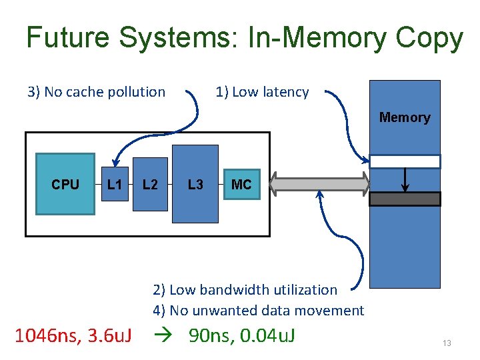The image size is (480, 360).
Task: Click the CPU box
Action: click(65, 184)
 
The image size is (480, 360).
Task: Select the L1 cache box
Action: click(115, 184)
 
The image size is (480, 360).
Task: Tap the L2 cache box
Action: click(150, 184)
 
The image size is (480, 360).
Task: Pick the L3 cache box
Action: click(195, 184)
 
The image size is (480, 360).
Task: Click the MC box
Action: click(241, 184)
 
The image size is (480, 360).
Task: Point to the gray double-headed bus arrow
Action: click(319, 184)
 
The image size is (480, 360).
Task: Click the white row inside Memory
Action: click(405, 161)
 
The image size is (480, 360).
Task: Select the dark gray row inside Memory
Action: click(405, 199)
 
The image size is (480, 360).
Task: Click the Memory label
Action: click(405, 117)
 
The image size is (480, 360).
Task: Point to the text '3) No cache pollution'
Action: click(96, 92)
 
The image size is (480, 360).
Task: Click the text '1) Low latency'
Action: click(262, 92)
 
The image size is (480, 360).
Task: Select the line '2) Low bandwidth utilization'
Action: click(245, 289)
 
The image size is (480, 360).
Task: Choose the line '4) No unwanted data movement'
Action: click(258, 310)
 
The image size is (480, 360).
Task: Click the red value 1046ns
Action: click(46, 336)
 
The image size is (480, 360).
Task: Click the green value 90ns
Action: click(211, 336)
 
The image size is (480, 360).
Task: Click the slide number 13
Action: click(447, 343)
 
